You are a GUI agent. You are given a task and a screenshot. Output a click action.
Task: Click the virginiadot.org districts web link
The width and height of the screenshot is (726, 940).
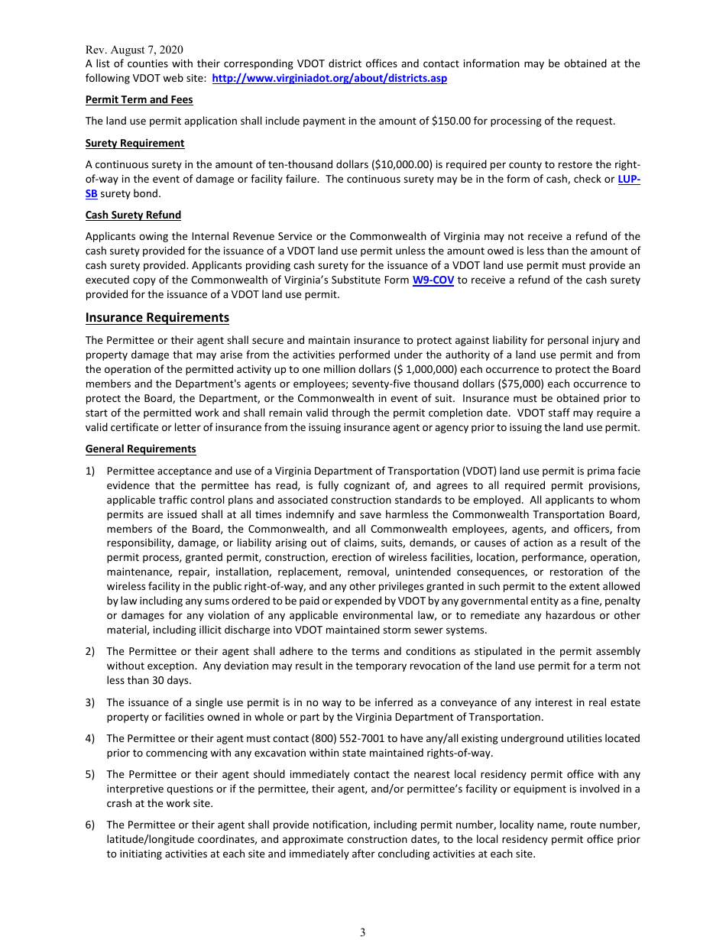[x=329, y=78]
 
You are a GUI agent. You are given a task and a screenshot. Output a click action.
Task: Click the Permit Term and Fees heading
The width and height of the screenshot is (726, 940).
[x=139, y=99]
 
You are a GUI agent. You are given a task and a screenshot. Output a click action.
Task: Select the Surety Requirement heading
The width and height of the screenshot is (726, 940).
[x=135, y=143]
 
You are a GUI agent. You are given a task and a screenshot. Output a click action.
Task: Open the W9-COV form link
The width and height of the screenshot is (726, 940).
[x=433, y=280]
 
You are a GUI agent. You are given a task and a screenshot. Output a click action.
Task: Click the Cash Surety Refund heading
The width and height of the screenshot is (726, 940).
[x=133, y=215]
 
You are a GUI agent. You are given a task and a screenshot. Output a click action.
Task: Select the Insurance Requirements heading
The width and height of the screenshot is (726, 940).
[x=157, y=317]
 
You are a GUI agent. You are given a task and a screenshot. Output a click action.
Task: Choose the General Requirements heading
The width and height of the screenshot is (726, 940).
[x=141, y=449]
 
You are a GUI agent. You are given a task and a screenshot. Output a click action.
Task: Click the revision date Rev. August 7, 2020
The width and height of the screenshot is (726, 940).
[x=134, y=50]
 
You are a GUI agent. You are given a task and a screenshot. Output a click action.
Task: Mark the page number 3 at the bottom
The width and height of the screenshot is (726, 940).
[x=363, y=932]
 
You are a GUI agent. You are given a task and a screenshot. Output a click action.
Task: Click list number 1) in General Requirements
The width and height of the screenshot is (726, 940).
[x=90, y=471]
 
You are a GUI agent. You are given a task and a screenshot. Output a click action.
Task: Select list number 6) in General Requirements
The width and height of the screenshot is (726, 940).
[x=90, y=825]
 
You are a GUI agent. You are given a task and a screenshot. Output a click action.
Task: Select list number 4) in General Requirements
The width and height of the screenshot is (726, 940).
[x=90, y=738]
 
